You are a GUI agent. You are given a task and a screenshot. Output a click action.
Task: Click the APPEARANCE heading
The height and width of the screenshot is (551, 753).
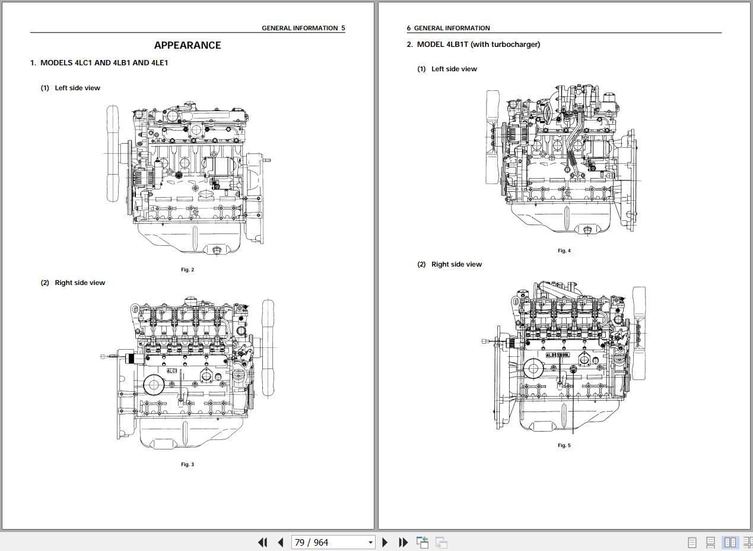(x=188, y=45)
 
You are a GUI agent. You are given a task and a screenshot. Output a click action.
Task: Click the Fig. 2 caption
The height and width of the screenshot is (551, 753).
(x=188, y=270)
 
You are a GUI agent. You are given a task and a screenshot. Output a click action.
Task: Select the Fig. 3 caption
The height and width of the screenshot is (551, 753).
(x=188, y=464)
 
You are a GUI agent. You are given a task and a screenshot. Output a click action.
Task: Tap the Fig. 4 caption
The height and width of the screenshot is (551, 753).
(x=564, y=251)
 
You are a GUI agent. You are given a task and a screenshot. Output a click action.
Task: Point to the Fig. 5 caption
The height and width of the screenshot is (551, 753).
(x=564, y=445)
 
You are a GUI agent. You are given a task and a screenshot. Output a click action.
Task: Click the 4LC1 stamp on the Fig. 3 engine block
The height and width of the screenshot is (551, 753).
(x=171, y=370)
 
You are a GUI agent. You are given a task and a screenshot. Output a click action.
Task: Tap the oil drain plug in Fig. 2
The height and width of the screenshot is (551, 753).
(x=217, y=250)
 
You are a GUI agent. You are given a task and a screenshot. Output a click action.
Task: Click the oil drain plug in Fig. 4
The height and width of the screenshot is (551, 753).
(x=587, y=230)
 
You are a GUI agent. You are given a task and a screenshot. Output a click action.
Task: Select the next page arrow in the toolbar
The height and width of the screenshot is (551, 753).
(x=385, y=542)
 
